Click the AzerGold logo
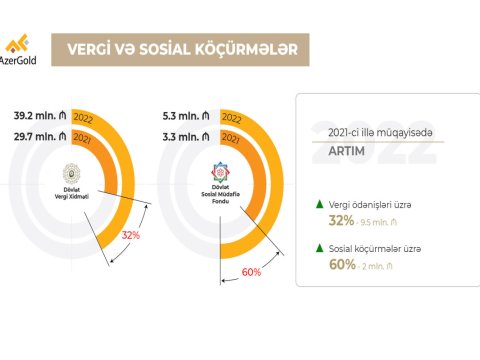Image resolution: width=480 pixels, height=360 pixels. click(22, 47)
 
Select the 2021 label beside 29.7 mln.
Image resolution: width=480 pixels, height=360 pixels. click(85, 133)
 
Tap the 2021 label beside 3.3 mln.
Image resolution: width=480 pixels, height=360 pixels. click(232, 133)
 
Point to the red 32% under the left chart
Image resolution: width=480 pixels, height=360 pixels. click(130, 235)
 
